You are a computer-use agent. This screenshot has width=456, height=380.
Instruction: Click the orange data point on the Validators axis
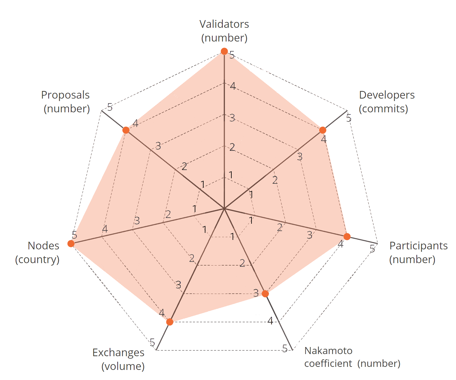point(224,51)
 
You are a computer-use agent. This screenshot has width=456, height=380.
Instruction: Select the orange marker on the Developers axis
point(322,130)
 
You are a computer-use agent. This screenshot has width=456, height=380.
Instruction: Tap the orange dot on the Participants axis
point(347,237)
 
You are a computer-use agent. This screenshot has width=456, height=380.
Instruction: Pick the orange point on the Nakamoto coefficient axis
point(265,294)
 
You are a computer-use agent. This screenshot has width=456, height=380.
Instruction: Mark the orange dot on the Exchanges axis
point(170,322)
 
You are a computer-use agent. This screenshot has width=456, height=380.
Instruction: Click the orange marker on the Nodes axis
point(71,243)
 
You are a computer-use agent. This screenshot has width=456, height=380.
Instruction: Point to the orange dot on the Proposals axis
point(126,130)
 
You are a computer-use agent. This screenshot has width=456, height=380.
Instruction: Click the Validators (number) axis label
point(224,31)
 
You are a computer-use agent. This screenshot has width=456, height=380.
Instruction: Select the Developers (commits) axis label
point(386,102)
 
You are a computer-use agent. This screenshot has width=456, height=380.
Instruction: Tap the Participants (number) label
point(418,252)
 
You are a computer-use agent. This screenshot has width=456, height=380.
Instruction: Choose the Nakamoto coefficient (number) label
point(352,357)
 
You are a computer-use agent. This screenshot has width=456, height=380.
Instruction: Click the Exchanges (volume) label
point(119,359)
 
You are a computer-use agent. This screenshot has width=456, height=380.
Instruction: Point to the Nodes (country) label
point(38,252)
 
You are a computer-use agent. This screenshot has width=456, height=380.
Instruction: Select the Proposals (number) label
point(66,102)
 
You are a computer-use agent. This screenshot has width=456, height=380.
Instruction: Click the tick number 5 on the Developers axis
point(349,118)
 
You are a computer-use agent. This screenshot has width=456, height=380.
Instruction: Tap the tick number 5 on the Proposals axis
point(110,107)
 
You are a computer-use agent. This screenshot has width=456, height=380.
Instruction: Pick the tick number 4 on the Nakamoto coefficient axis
point(270,321)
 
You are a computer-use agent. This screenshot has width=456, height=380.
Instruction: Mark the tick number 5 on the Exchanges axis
point(153,342)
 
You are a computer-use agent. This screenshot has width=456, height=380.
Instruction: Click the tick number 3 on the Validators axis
point(232,118)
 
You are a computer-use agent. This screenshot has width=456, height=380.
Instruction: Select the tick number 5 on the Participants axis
point(372,249)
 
